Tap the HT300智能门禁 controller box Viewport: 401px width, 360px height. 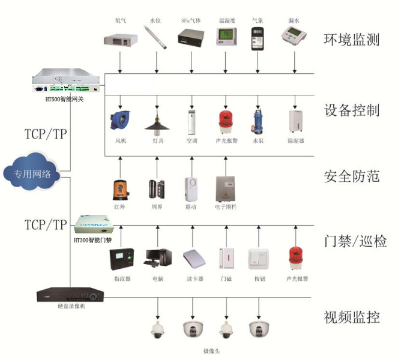click(95, 225)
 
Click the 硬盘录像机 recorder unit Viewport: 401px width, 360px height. click(65, 295)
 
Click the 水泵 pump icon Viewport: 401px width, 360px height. click(259, 121)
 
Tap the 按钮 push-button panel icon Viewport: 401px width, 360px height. click(259, 259)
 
